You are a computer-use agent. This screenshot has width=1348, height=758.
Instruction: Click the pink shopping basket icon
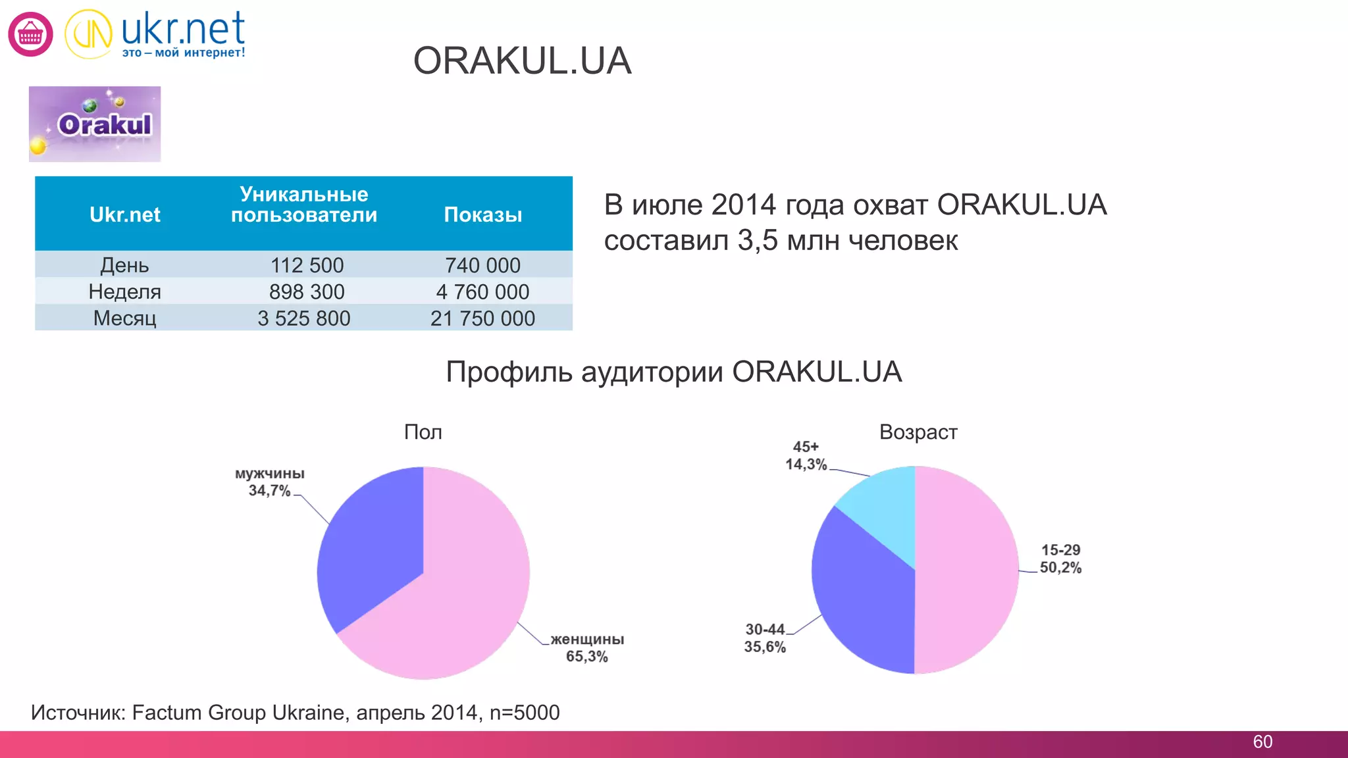click(x=30, y=34)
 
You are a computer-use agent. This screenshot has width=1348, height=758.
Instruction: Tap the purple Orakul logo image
click(x=95, y=124)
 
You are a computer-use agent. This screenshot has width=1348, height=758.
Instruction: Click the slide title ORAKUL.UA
click(x=522, y=61)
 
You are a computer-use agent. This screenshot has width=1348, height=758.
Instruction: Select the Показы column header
click(x=482, y=215)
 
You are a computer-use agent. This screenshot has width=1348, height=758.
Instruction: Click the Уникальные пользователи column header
click(x=303, y=205)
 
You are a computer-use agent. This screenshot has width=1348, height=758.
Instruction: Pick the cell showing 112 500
click(x=307, y=265)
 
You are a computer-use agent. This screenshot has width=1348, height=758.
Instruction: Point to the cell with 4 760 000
click(x=482, y=291)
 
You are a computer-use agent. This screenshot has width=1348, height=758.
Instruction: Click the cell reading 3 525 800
click(x=303, y=318)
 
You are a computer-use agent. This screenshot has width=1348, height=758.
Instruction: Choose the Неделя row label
click(x=124, y=291)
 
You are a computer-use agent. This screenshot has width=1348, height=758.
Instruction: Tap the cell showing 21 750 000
click(x=482, y=318)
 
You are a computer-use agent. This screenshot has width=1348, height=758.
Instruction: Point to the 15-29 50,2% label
click(x=1060, y=559)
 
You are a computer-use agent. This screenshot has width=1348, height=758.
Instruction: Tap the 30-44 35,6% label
click(x=765, y=638)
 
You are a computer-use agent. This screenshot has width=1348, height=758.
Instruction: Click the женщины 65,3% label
click(x=587, y=648)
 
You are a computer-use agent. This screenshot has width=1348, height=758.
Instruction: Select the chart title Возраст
click(x=918, y=432)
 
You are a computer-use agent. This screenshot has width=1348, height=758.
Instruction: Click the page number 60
click(x=1262, y=742)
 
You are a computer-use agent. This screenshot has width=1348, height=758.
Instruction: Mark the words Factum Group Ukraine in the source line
click(x=238, y=713)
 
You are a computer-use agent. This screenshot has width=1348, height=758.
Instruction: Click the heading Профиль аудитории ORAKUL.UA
click(x=673, y=372)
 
